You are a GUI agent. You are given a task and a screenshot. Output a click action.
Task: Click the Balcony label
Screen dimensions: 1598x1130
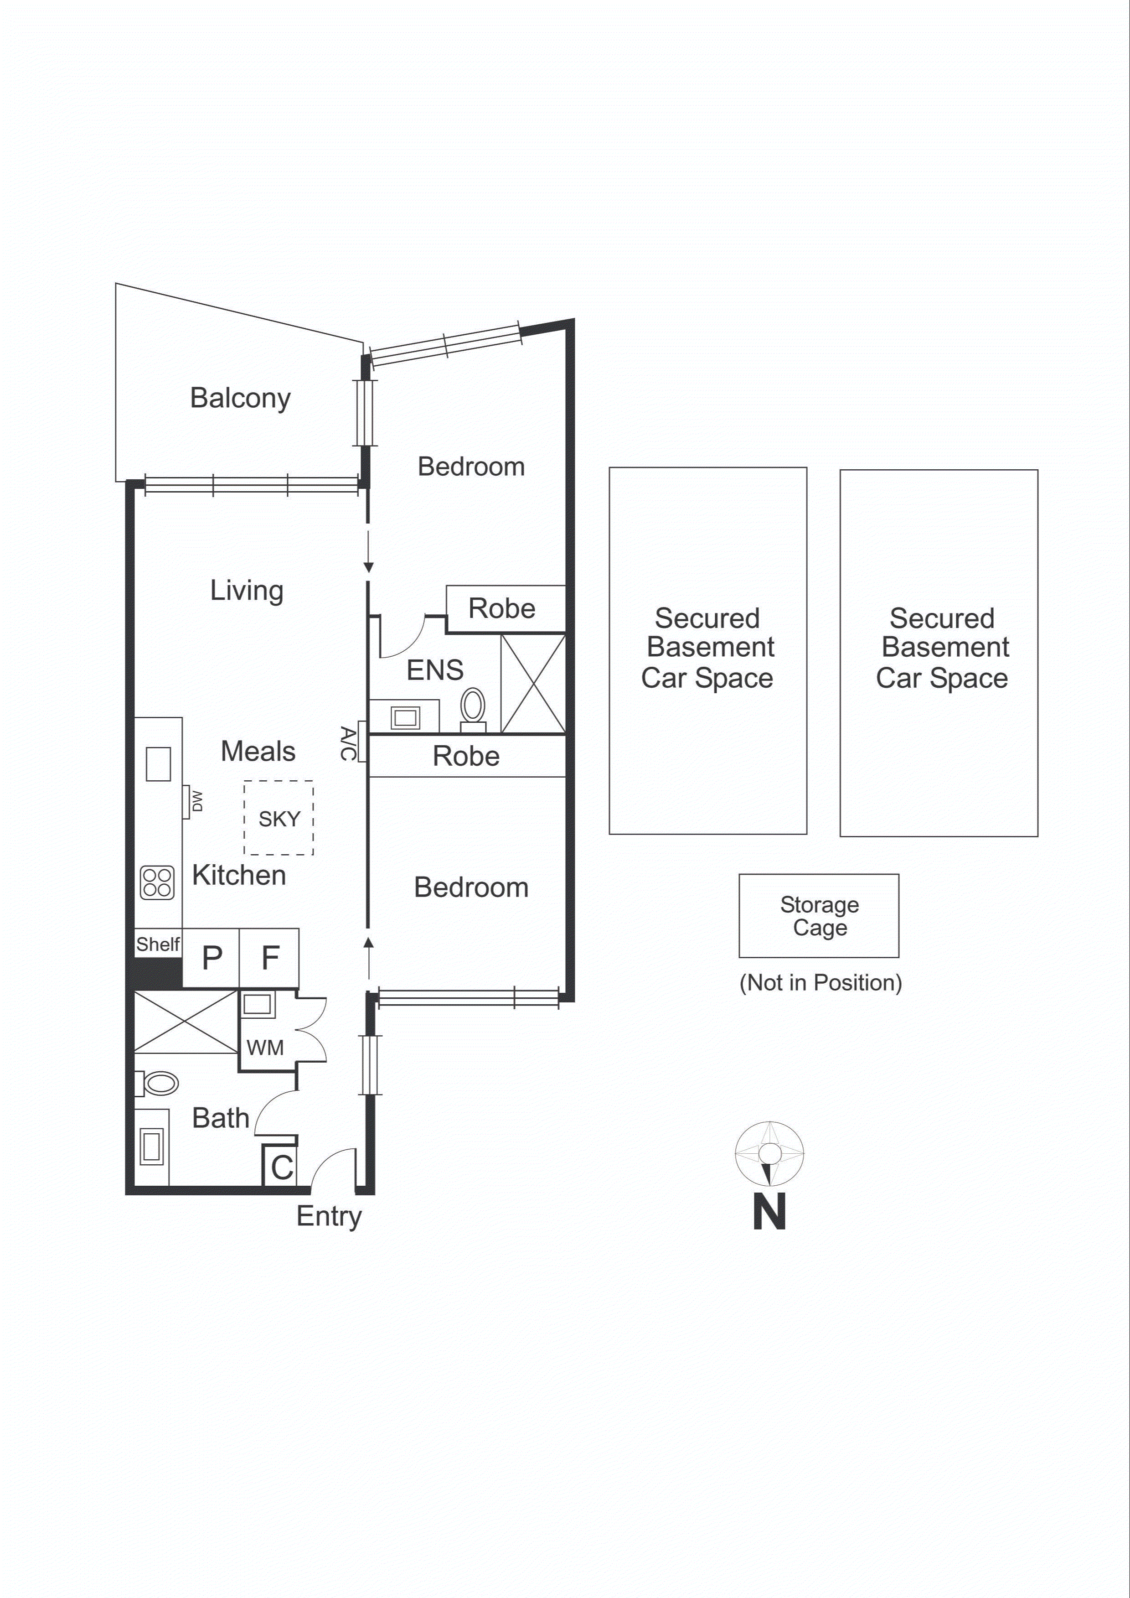point(240,398)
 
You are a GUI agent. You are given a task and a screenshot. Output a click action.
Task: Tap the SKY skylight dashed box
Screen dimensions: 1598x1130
point(279,818)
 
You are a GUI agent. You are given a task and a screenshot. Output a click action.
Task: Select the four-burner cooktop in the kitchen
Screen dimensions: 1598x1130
point(157,882)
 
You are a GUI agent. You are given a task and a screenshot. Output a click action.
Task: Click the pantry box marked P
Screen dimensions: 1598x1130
point(212,958)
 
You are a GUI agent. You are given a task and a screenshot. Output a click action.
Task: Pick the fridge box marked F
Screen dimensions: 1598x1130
point(270,958)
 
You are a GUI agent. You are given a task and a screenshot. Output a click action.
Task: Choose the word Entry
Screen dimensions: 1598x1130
point(329,1216)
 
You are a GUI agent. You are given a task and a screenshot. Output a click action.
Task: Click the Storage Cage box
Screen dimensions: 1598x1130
point(819,916)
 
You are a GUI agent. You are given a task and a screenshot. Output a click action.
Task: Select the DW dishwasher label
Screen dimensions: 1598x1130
point(197,800)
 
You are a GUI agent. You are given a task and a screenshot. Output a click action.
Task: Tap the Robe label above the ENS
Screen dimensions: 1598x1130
point(502,608)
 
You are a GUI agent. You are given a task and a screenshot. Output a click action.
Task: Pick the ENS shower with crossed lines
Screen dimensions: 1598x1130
point(533,684)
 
